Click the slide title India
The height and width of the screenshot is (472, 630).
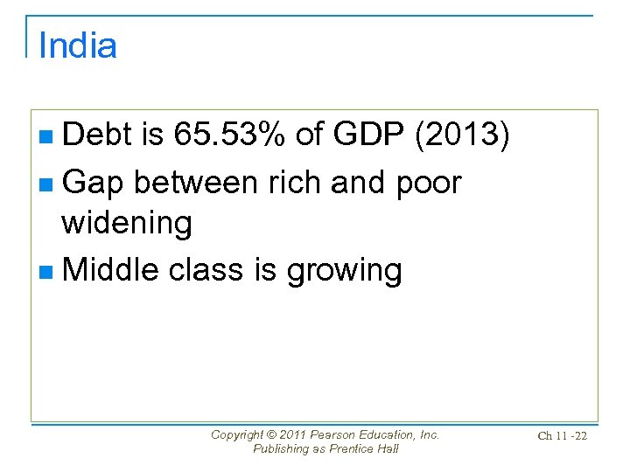78,45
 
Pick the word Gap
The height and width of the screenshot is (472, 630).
94,182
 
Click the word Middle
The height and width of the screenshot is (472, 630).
111,270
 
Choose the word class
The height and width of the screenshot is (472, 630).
207,270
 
